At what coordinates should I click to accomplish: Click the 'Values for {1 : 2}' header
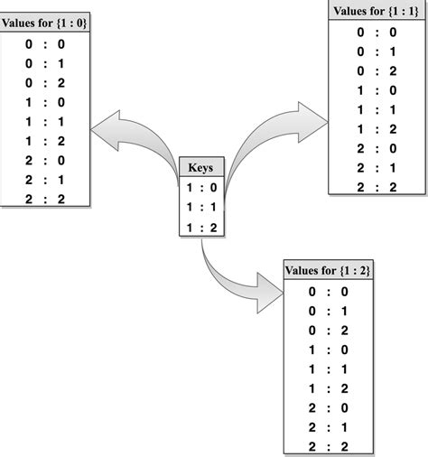(x=328, y=270)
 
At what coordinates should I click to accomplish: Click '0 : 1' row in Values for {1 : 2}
(x=328, y=311)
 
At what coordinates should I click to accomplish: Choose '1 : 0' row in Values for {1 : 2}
(x=328, y=349)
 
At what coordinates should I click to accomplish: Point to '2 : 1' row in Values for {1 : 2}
(x=328, y=426)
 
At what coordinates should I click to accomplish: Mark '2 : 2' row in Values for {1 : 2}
(x=328, y=445)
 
